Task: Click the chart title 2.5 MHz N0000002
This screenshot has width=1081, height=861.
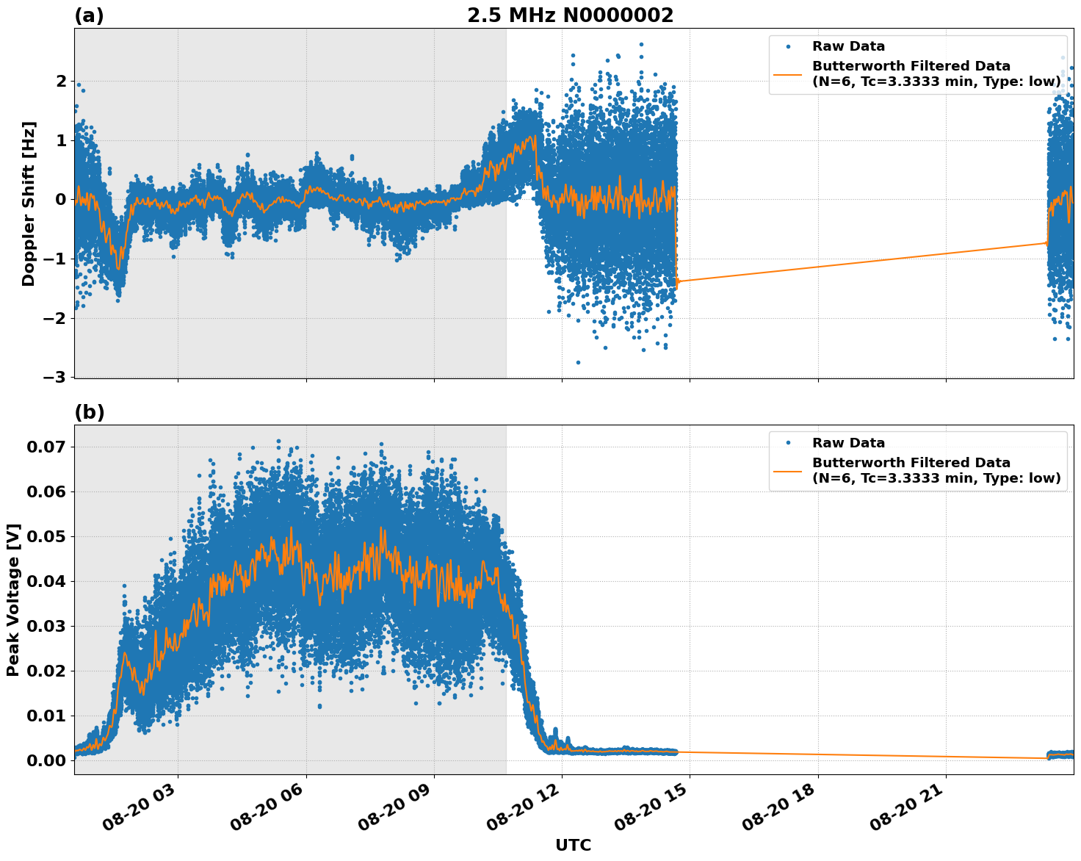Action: (x=570, y=15)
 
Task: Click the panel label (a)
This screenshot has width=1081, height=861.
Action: (x=89, y=15)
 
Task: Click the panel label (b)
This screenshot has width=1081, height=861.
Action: (x=89, y=412)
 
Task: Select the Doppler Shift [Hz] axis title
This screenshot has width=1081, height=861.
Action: (x=29, y=203)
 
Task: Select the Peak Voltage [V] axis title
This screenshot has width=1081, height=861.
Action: (x=12, y=599)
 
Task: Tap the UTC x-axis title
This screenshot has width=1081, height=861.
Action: (x=573, y=845)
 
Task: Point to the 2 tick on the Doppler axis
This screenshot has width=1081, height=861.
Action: (x=62, y=81)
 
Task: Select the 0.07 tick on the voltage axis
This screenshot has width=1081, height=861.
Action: (x=46, y=447)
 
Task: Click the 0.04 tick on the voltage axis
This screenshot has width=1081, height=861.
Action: (x=46, y=581)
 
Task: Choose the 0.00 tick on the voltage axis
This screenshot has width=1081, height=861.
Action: (x=46, y=760)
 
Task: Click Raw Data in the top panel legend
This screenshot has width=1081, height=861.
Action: (x=848, y=46)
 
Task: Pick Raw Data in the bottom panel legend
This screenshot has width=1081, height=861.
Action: (x=848, y=443)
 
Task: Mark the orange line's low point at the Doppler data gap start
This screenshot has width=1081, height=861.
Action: (x=676, y=281)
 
